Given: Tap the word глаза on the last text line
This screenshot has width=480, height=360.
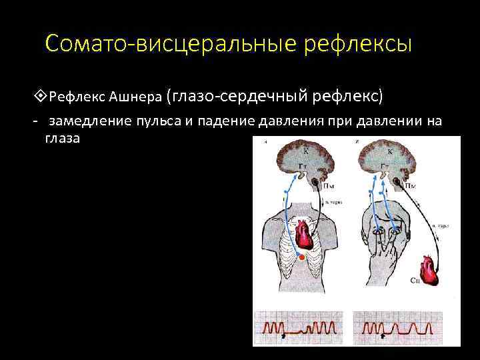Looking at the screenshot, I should pyautogui.click(x=62, y=139).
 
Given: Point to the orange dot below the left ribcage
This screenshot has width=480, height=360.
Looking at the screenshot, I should pyautogui.click(x=301, y=257).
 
